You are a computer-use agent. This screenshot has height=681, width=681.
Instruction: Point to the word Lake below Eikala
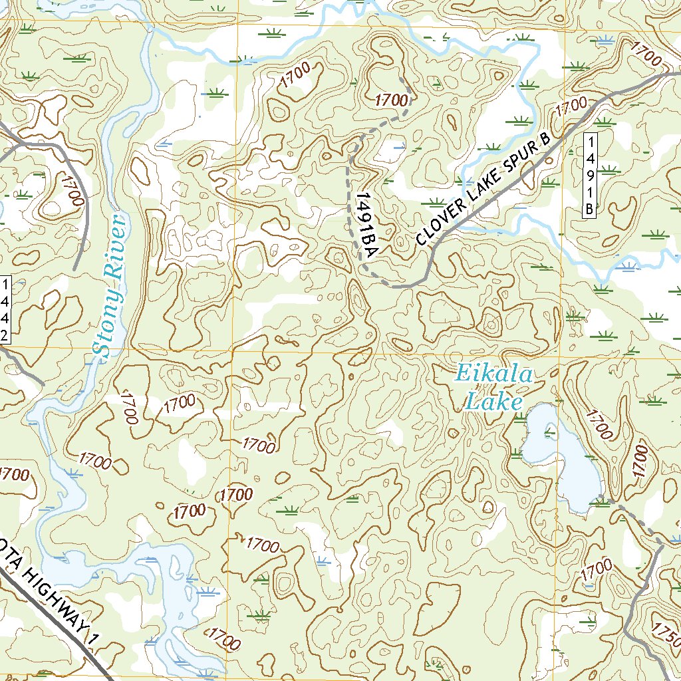pos(493,401)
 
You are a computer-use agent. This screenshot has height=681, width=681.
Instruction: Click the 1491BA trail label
pos(366,226)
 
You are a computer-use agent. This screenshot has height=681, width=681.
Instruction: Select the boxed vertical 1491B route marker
pos(589,174)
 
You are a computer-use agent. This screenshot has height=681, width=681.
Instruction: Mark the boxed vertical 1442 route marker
pos(5,309)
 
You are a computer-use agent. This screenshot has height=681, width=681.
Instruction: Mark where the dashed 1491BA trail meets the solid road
pos(396,287)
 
